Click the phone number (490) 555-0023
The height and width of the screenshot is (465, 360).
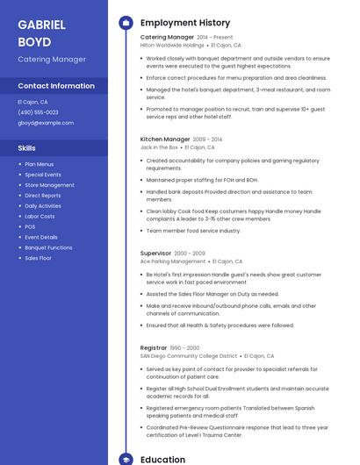(x=38, y=112)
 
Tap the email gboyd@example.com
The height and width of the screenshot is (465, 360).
(x=40, y=123)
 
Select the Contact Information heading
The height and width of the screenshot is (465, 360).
(x=56, y=86)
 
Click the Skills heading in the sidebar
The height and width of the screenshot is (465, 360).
(x=27, y=148)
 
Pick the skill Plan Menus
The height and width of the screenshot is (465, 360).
(x=40, y=164)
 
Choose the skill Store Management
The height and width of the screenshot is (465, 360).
(x=49, y=185)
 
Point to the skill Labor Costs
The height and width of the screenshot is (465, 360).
(x=40, y=216)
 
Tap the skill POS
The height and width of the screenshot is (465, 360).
(x=30, y=226)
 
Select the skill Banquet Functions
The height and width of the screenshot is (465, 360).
(x=48, y=247)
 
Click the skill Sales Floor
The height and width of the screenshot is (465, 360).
(x=38, y=258)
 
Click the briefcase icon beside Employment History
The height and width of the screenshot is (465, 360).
(x=125, y=23)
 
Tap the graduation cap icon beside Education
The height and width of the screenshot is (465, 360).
(x=125, y=459)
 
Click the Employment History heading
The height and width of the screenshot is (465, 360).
(x=185, y=23)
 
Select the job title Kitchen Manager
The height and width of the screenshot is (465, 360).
(x=165, y=139)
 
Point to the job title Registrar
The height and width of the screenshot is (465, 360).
(x=154, y=347)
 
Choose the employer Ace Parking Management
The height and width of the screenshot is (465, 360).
(x=173, y=261)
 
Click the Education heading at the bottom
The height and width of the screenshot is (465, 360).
(x=162, y=459)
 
